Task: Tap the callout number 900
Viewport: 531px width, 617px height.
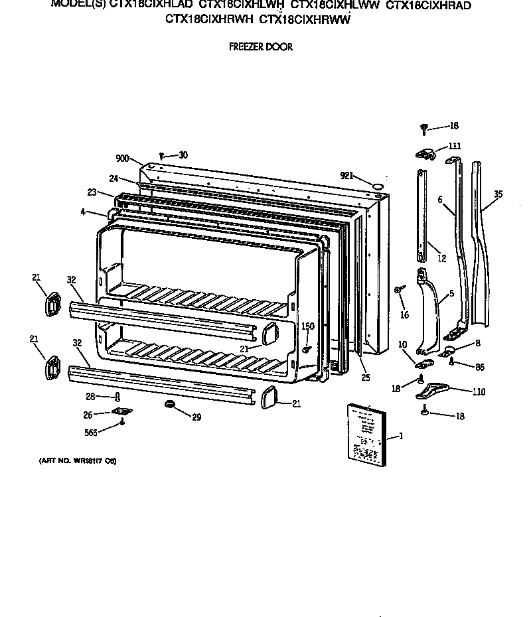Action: tap(122, 159)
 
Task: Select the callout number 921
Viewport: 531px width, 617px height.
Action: tap(346, 175)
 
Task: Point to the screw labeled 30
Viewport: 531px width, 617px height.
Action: tap(161, 156)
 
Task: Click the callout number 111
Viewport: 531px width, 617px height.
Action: tap(454, 146)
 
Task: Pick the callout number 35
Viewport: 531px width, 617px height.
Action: tap(498, 194)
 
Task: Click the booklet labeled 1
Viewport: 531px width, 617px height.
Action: tap(364, 435)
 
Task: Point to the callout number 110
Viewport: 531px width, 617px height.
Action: tap(478, 391)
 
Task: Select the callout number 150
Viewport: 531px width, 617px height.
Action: tap(307, 326)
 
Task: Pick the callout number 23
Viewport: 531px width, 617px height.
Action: tap(92, 193)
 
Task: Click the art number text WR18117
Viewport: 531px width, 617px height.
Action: tap(73, 460)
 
